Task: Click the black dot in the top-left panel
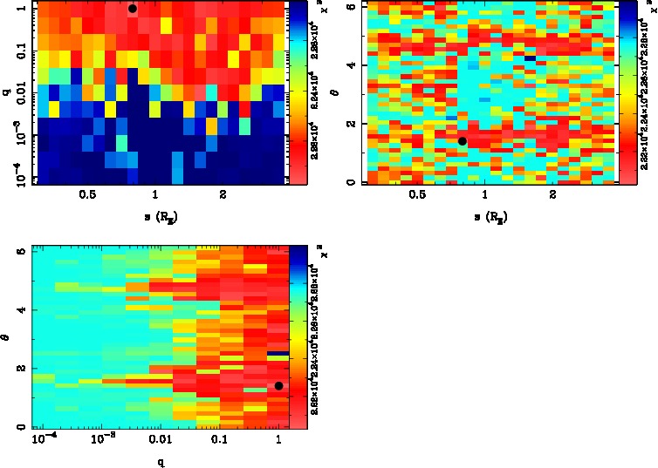(x=132, y=9)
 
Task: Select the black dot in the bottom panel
(x=278, y=385)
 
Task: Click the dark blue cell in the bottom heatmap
(x=278, y=353)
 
